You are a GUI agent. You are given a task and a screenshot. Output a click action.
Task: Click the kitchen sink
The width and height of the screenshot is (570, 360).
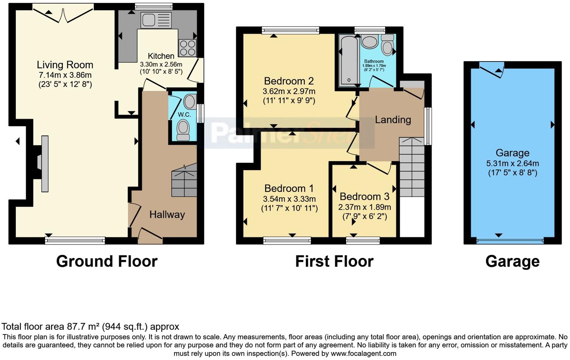pos(156,20)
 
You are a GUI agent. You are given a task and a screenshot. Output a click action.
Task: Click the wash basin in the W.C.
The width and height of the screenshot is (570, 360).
pos(190,102)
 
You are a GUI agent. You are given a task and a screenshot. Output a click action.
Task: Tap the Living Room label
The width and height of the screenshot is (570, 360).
pos(65,65)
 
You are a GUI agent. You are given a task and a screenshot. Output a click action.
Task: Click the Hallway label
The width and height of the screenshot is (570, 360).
pos(167,214)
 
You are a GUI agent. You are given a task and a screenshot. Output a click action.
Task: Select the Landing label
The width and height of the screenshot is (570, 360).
pos(393,120)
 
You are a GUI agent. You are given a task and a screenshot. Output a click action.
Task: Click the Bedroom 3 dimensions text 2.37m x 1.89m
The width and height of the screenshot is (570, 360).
pos(364,207)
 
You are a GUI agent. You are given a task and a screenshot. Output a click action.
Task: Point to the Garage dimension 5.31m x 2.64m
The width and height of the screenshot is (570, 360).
pos(512,163)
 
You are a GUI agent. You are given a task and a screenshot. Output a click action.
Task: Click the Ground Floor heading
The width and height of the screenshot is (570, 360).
pos(106,261)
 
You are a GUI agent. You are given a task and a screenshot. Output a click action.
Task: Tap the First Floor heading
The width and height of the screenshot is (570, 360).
pos(334,261)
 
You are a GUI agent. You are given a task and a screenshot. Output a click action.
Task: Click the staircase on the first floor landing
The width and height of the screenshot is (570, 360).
pos(411,167)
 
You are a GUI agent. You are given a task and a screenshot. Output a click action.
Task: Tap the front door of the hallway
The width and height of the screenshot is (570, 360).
pos(150,236)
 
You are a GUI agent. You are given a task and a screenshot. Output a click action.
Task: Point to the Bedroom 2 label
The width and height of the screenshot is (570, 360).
pos(289,81)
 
